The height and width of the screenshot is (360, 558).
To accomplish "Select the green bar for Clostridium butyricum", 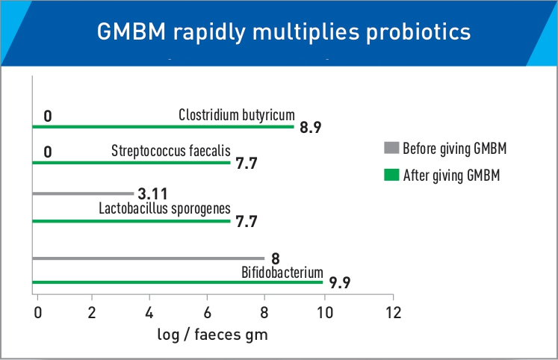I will pos(164,126).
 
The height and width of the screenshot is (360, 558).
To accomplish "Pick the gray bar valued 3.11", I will pos(84,193).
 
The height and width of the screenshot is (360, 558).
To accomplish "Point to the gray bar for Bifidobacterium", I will pos(149,258).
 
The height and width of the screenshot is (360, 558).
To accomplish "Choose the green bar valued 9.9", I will pos(179,282).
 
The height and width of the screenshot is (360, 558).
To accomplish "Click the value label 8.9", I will pos(311,128).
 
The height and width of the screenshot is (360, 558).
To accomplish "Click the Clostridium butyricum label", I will pos(237,114).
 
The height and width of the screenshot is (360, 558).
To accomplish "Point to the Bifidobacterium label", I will pos(282,271).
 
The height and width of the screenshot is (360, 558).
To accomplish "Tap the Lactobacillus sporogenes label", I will pos(164,208).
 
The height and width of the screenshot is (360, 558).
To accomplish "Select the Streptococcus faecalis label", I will pos(171,149).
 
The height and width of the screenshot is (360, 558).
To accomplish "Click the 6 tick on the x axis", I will pos(208,311).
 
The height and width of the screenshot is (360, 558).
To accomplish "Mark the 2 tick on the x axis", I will pos(92,311).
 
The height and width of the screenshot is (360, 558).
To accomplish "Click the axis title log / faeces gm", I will pos(211,335).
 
